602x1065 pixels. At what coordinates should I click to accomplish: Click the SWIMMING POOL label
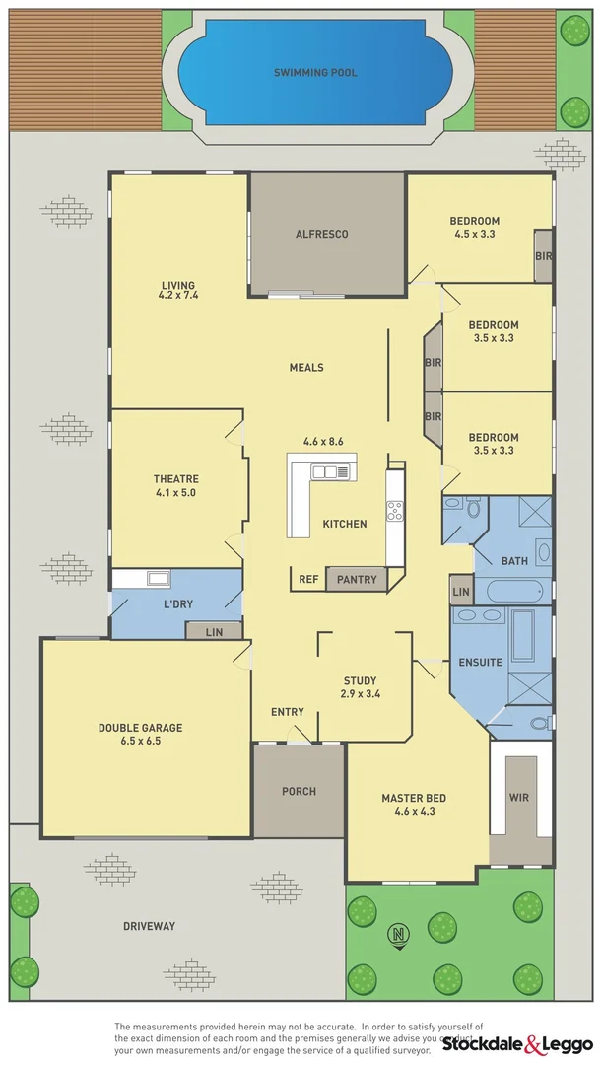point(315,73)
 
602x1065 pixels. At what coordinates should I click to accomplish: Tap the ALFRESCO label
point(322,234)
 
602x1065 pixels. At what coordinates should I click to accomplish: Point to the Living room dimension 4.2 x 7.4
point(178,294)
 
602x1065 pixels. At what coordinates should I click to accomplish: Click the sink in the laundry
point(159,579)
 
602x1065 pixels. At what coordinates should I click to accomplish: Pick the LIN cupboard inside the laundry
point(214,632)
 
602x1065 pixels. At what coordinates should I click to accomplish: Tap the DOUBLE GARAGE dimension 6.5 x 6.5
point(140,740)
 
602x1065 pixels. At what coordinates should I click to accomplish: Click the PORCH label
point(299,791)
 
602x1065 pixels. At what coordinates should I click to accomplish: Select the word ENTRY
point(287,712)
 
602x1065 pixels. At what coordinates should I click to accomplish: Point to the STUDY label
point(360,680)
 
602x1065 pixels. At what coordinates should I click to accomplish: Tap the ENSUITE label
point(482,663)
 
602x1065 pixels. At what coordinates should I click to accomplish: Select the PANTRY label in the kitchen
point(356,580)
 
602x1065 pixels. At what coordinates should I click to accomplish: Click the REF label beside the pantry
point(308,580)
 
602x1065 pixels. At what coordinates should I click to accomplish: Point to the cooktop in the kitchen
point(395,511)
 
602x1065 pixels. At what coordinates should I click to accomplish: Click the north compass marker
point(399,934)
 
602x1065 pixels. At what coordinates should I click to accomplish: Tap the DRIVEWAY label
point(149,926)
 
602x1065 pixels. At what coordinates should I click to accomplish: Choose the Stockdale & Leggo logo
point(517,1043)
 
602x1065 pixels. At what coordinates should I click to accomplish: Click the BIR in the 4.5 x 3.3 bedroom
point(543,256)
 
